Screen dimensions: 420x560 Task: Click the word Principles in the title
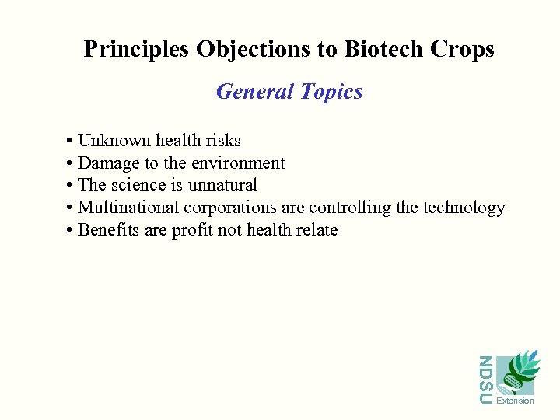tap(137, 50)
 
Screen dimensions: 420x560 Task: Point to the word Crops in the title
tap(464, 50)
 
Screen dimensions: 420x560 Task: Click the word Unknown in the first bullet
tap(114, 141)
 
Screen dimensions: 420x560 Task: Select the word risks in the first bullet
tap(223, 141)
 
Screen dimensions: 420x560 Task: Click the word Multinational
tap(128, 208)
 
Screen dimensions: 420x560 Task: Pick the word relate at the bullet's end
tap(317, 230)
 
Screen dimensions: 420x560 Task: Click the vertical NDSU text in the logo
tap(485, 380)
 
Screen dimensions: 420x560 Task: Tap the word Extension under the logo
tap(515, 401)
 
